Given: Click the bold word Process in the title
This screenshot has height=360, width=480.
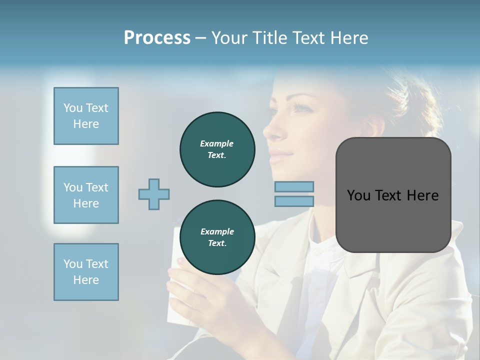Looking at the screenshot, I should click(157, 37).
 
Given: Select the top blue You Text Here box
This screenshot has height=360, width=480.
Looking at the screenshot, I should click(86, 116).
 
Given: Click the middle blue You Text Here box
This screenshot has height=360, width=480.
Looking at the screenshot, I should click(86, 195).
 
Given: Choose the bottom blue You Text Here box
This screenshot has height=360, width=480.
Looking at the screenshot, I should click(86, 272).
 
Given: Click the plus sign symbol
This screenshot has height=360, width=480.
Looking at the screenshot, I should click(154, 194).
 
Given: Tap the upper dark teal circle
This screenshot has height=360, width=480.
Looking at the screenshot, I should click(217, 149).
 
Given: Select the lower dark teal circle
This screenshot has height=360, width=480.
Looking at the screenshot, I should click(217, 237).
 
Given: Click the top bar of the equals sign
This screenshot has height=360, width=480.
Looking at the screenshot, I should click(294, 186).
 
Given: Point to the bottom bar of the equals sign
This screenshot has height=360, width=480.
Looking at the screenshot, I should click(294, 201).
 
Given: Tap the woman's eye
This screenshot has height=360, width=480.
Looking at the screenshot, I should click(299, 107).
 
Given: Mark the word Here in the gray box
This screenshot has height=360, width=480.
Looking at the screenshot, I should click(422, 195).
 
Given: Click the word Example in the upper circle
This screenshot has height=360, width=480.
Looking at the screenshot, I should click(217, 143).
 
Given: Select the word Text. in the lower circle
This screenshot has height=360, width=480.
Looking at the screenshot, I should click(217, 243).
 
